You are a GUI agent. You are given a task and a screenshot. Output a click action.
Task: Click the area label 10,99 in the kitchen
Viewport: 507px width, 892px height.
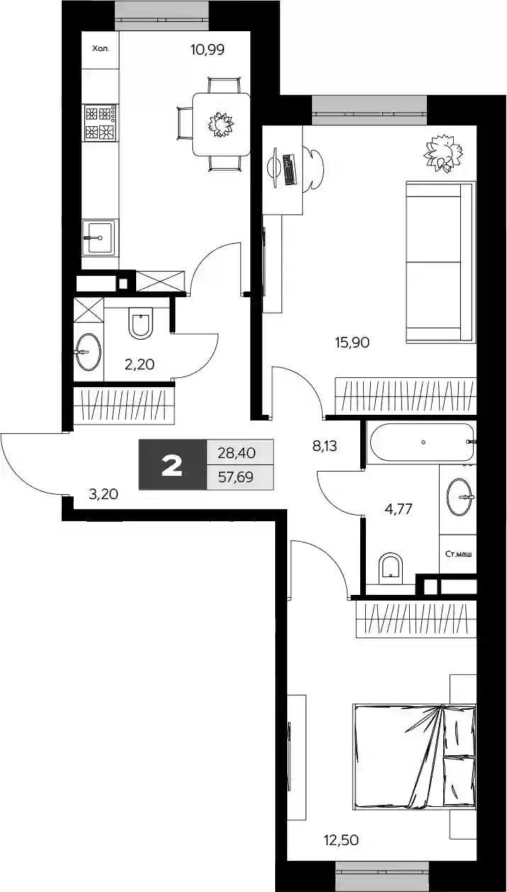tap(208, 50)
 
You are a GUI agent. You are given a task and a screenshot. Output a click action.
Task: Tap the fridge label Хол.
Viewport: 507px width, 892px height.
tap(101, 49)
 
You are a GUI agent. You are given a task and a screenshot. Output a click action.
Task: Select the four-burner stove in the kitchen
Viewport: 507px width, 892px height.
tap(101, 122)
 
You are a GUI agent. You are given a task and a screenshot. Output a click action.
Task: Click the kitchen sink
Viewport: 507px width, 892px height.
tap(99, 238)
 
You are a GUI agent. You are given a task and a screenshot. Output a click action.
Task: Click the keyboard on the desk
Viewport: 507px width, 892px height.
tap(290, 169)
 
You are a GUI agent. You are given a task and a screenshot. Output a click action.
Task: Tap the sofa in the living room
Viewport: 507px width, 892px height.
tap(440, 262)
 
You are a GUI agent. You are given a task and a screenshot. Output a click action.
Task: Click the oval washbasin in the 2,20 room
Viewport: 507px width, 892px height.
tap(89, 352)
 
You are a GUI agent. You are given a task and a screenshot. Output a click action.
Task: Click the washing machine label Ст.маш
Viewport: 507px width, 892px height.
tap(458, 554)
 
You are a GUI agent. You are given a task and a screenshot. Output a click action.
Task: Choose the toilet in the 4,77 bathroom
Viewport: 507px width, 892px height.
tap(391, 568)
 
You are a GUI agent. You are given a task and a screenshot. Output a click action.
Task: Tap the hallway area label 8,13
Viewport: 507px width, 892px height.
tap(325, 447)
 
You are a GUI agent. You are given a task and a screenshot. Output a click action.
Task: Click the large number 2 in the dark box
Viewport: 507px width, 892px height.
tap(172, 466)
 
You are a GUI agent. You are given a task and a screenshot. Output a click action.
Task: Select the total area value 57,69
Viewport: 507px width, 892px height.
tap(236, 476)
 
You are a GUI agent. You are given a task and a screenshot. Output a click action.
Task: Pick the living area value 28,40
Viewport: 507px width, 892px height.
tap(237, 453)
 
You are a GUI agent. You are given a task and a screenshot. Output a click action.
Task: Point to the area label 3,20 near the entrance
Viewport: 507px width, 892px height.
tap(103, 494)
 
